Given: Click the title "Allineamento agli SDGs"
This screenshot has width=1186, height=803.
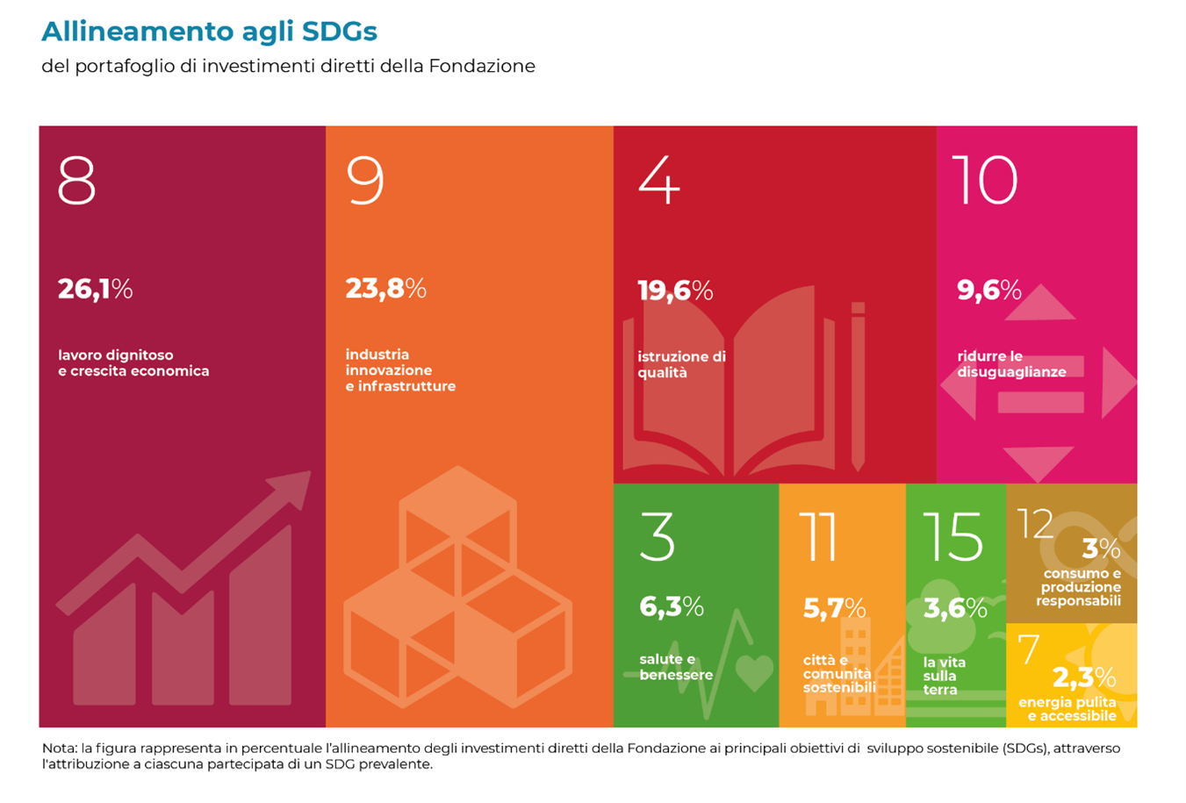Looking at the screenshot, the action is point(209,32).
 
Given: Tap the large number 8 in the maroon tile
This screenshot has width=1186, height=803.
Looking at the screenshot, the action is point(76,180).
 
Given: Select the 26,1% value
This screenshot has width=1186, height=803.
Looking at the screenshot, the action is point(96,290).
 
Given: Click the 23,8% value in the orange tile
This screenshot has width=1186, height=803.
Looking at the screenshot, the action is point(386,289).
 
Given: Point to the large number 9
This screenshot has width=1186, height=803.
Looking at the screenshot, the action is point(365,180).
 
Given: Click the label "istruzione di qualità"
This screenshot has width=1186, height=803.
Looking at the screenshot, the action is point(681,364).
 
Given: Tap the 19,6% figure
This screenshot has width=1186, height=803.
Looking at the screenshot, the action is point(675,290).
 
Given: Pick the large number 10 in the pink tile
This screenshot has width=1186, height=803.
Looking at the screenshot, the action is point(985,180).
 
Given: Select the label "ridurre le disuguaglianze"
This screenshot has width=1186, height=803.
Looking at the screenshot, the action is point(1011,363).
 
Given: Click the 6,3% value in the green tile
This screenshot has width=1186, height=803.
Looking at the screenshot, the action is point(672,606).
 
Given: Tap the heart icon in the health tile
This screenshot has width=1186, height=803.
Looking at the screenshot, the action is point(754,672).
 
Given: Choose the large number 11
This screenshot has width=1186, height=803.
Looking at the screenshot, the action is point(817,536).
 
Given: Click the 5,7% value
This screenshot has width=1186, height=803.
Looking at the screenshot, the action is point(835,607).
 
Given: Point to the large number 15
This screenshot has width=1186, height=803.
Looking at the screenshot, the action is point(952,536).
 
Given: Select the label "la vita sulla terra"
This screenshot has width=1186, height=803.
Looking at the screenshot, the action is point(944,676).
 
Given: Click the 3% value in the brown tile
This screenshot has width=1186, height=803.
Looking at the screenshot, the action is point(1101,548).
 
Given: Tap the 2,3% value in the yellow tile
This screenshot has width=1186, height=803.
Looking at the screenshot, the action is point(1084,677).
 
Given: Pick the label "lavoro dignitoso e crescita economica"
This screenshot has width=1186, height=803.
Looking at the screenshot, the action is point(133,362).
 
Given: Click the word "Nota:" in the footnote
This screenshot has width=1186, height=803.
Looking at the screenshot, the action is point(60,748).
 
